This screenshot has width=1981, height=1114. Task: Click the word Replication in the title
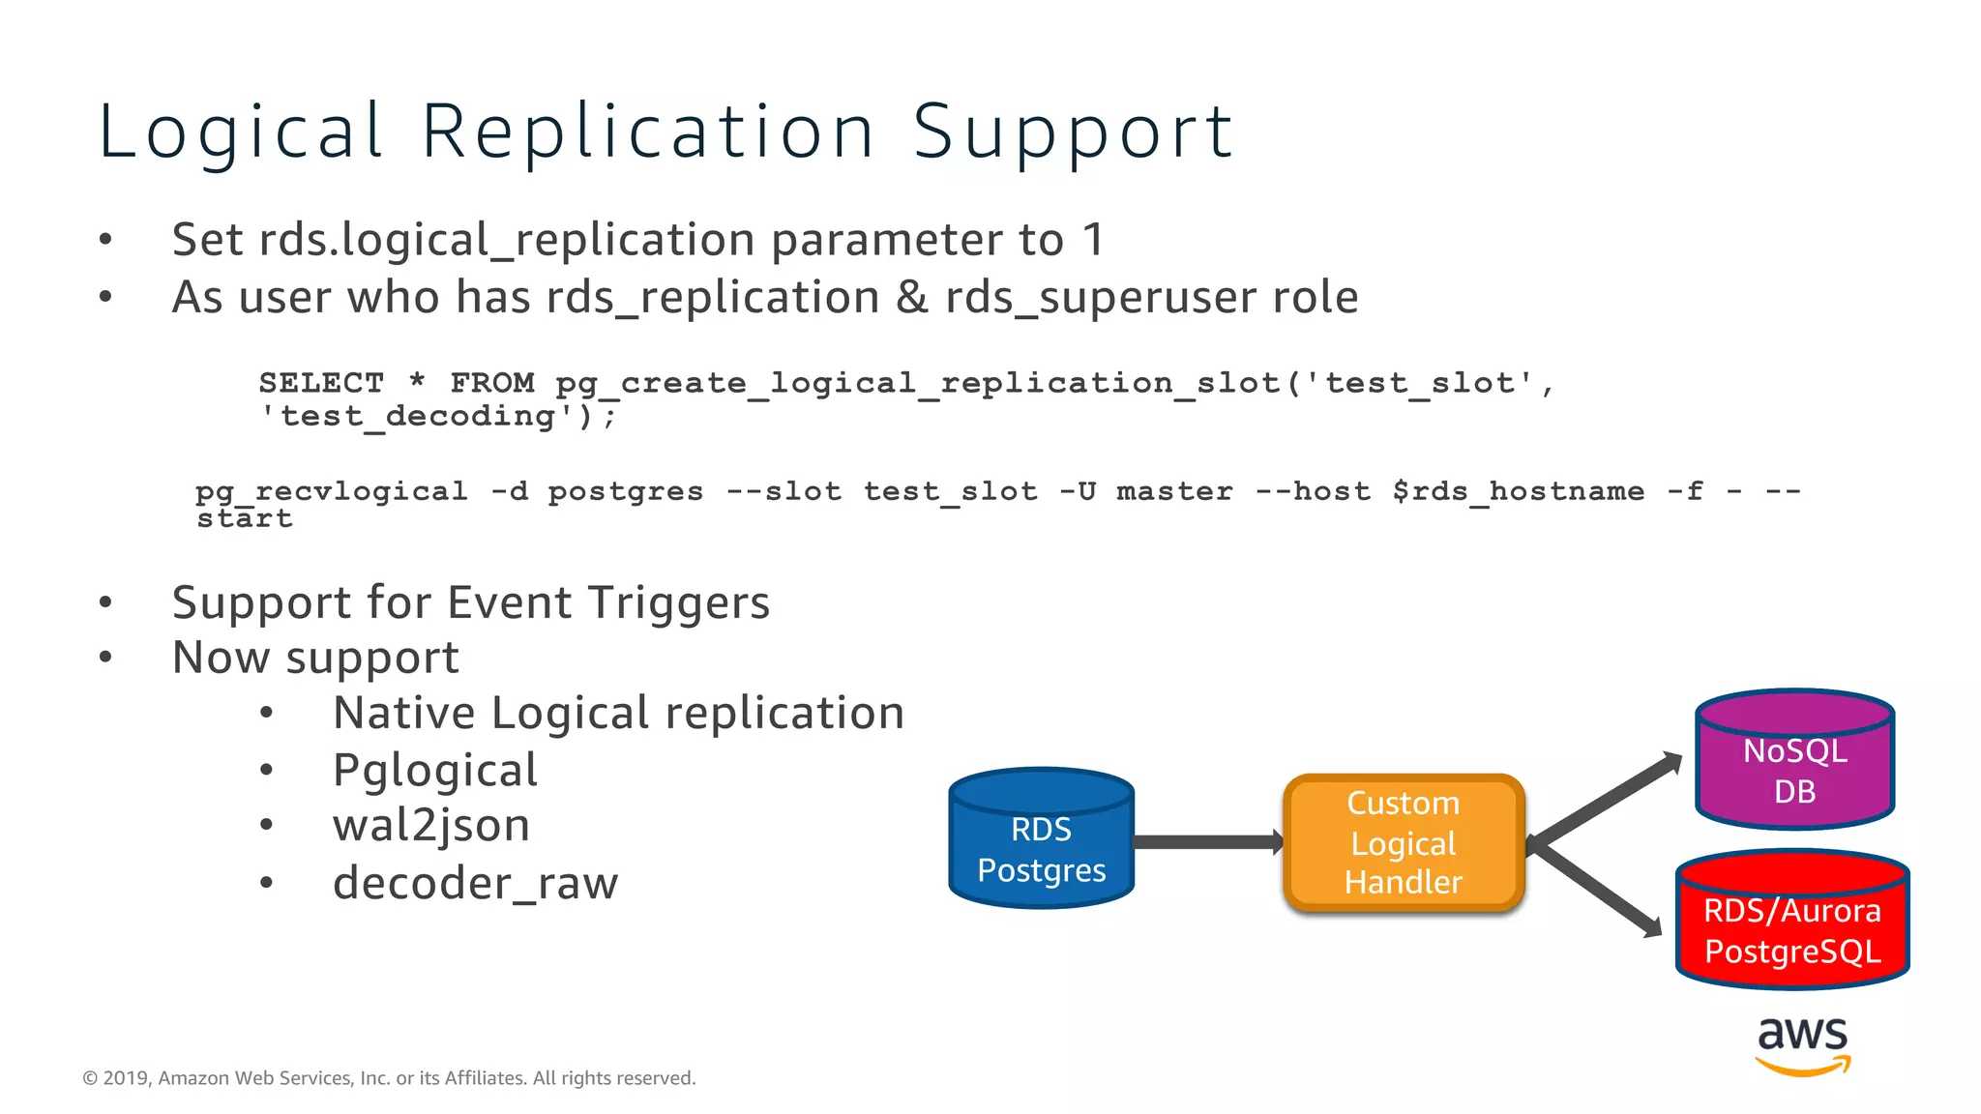[x=648, y=132]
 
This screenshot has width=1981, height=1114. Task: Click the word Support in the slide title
[x=1073, y=132]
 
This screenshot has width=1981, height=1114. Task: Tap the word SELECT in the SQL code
[x=321, y=383]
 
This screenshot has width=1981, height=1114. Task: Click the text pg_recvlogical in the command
[x=332, y=491]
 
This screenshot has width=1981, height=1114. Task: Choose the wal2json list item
[x=431, y=826]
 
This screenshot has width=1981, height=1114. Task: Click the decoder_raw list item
[x=475, y=883]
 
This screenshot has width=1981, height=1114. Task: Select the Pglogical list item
[x=434, y=771]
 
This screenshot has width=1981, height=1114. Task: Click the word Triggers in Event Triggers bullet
[x=679, y=602]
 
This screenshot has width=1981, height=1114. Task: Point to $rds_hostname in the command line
[x=1518, y=491]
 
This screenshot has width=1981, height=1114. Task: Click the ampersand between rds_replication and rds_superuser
[x=911, y=297]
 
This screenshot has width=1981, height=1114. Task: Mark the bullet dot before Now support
[x=105, y=658]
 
